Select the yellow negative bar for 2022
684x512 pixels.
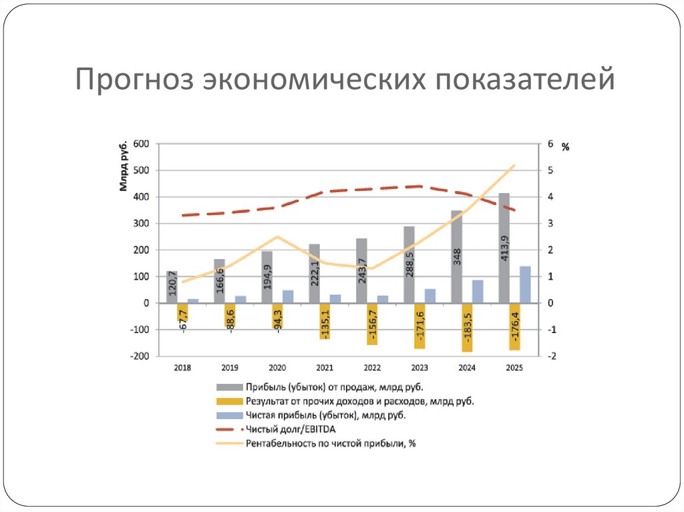coord(372,324)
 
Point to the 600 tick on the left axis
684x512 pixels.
coord(140,144)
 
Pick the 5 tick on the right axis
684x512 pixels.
coord(550,170)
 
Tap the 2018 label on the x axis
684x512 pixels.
coord(182,368)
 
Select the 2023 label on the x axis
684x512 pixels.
coord(419,368)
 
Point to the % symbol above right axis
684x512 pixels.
coord(565,148)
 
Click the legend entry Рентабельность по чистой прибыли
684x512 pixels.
coord(330,443)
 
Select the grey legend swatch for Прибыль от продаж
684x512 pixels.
coord(229,387)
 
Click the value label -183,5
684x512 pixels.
coord(468,328)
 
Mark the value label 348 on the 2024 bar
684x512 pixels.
coord(457,256)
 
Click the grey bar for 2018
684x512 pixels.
coord(172,287)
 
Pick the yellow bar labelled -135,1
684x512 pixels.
coord(325,321)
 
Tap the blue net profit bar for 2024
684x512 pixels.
coord(478,291)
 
